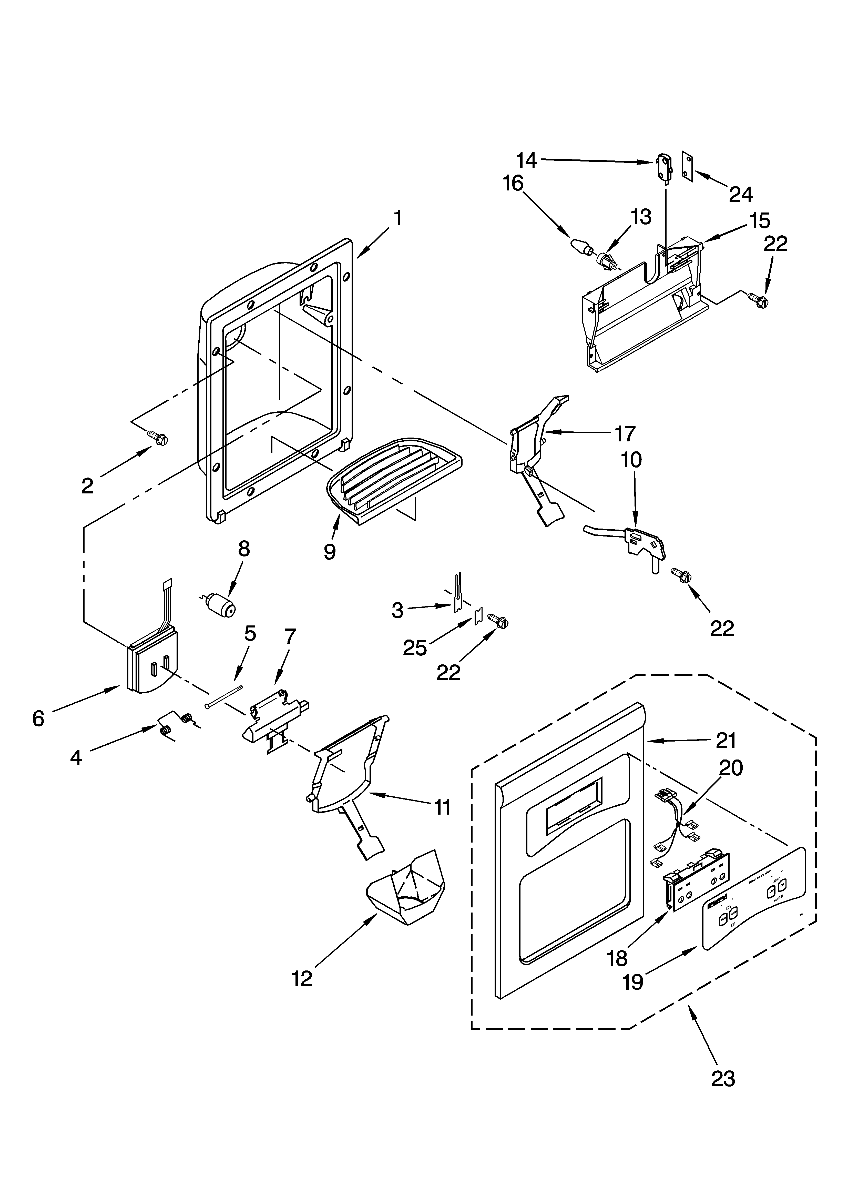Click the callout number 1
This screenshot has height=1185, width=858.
398,218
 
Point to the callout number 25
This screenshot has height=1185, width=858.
415,648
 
